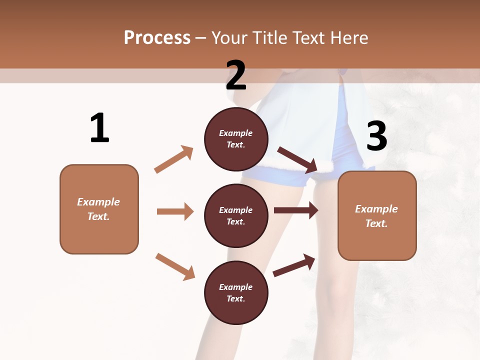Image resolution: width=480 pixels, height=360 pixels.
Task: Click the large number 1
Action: (x=99, y=128)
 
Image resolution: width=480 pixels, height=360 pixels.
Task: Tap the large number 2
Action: (x=236, y=75)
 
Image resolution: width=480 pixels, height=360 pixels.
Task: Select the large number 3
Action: (x=377, y=136)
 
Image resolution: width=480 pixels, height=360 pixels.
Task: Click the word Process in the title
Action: (x=157, y=37)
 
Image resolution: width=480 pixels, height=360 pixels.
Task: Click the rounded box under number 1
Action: (x=99, y=209)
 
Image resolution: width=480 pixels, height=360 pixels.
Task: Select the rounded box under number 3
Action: (x=377, y=215)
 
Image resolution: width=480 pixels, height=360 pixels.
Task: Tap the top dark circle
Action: (x=236, y=138)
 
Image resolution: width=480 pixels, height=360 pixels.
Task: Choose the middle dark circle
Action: (x=236, y=215)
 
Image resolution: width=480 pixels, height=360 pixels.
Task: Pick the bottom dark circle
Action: (x=236, y=292)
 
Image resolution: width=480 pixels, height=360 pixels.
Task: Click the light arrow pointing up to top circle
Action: (x=174, y=159)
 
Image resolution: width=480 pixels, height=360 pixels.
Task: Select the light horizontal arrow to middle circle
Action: (x=175, y=211)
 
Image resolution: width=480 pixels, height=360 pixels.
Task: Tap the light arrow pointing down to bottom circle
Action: (x=175, y=266)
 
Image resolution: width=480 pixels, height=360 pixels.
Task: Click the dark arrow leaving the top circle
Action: (x=298, y=159)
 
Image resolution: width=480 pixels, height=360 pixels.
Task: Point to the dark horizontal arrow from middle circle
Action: (x=296, y=210)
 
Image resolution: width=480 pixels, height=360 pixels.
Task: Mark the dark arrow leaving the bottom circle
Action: (x=294, y=265)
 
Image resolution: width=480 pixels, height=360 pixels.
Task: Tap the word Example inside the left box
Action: (x=98, y=202)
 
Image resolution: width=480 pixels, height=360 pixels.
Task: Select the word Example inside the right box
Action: (x=376, y=209)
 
